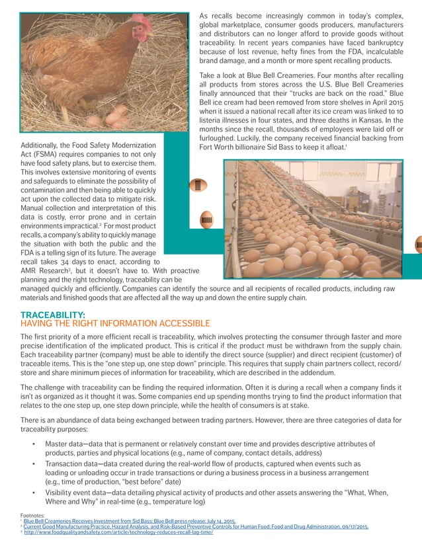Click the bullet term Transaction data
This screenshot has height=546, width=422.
75,465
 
